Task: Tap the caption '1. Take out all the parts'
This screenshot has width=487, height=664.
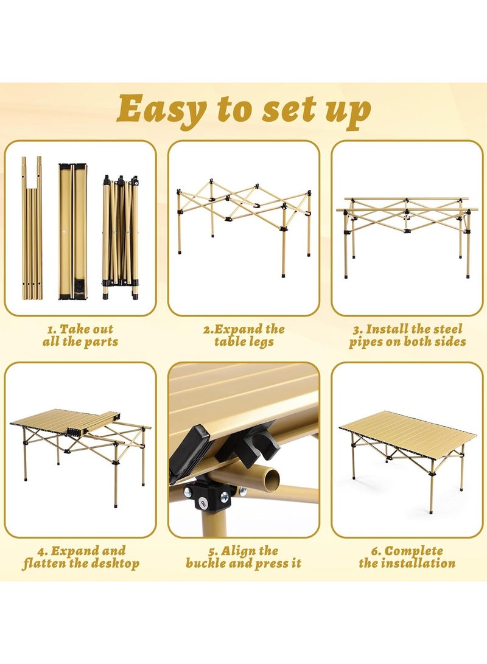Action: coord(80,335)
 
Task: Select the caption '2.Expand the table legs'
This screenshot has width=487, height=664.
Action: coord(243,335)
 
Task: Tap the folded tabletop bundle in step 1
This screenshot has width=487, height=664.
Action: coord(72,231)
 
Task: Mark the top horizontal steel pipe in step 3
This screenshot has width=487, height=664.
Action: coord(407,199)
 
